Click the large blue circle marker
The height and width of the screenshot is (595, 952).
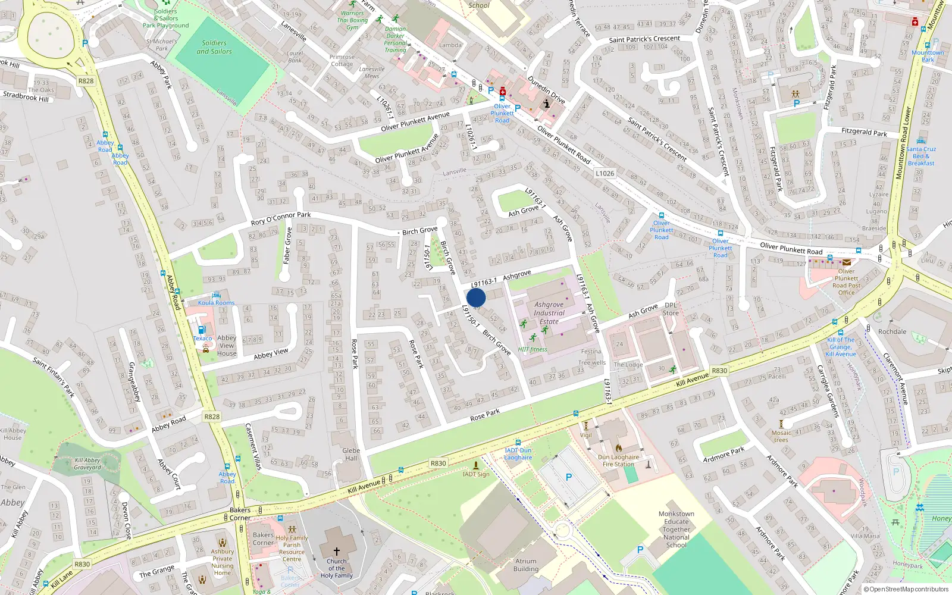coord(476,297)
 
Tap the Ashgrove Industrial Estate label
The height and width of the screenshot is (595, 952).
coord(549,313)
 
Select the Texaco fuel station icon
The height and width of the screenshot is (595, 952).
coord(202,330)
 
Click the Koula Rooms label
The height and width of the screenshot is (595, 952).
coord(216,303)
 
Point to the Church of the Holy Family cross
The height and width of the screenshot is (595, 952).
coord(336,552)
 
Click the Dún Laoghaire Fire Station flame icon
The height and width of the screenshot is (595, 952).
coord(618,449)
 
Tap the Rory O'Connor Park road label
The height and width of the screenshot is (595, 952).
coord(281,218)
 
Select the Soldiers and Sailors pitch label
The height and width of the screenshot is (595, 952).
coord(214,47)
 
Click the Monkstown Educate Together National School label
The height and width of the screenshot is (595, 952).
coord(677,529)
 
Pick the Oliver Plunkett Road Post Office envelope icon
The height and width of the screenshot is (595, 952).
coord(846,262)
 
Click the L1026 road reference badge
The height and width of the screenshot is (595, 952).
coord(605,174)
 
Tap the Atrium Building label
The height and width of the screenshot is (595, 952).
coord(526,565)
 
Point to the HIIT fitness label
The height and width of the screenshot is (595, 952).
coord(533,350)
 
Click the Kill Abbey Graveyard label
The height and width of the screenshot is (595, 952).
coord(87,464)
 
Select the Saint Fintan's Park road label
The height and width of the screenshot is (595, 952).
coord(54,377)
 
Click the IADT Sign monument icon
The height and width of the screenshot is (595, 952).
coord(475,465)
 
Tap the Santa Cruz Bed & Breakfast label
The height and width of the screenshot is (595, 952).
coord(921,156)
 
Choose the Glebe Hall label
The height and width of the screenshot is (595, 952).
coord(351,455)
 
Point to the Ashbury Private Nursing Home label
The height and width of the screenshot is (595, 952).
coord(222,562)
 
